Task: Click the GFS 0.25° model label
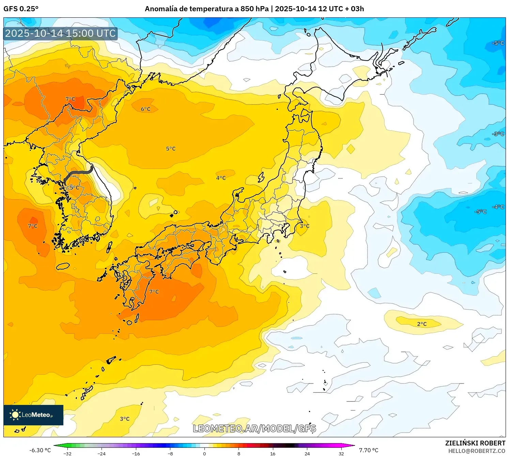coord(21,9)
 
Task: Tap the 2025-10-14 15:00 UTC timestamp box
coord(61,33)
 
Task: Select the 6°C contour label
coord(145,109)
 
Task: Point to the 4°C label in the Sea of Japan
coord(221,178)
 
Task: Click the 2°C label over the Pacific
coord(422,324)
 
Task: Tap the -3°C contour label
coord(498,134)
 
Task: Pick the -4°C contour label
coord(498,207)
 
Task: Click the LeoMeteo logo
coord(33,415)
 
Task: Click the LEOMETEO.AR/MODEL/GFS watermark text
coord(254,428)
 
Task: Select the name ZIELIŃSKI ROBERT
coord(475,443)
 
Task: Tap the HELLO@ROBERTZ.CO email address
coord(477,451)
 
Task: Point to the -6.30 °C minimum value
coord(40,450)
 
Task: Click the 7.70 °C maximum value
coord(369,450)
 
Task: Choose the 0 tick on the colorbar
coord(204,454)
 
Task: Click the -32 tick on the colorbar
coord(67,454)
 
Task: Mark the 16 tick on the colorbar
coord(273,454)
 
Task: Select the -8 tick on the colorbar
coord(170,454)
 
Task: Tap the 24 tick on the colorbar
coord(307,454)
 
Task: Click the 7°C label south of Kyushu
coord(154,292)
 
